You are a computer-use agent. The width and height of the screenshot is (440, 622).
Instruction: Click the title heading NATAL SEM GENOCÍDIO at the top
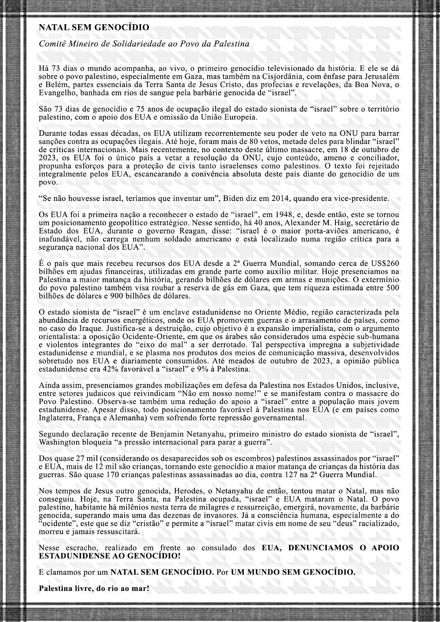point(94,27)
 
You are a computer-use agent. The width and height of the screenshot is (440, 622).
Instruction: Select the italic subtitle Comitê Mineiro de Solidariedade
point(144,44)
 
